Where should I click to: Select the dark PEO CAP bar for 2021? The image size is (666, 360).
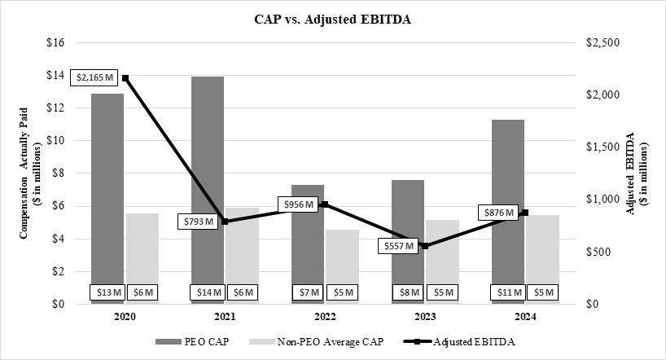pos(208,179)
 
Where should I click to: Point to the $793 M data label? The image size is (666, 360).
pos(197,221)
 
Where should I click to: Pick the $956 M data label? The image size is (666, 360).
pos(298,204)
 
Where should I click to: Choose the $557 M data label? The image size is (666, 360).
pos(399,245)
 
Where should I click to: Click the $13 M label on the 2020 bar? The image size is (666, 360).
pos(107,292)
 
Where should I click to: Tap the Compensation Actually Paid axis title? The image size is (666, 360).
pos(24,173)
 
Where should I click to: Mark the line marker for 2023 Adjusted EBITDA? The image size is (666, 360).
pos(424,245)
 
